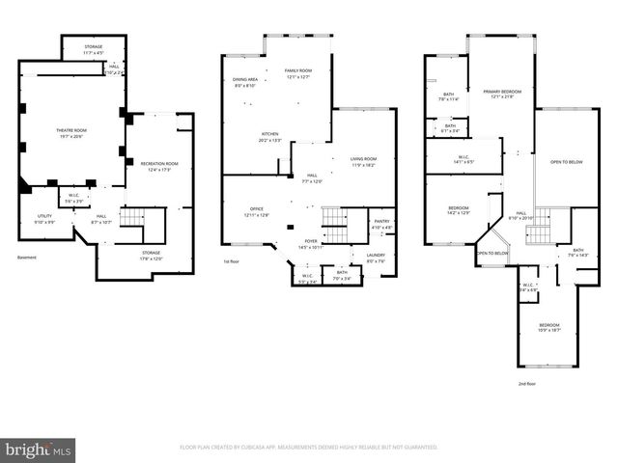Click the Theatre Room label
point(73,132)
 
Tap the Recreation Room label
point(159,166)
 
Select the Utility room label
point(45,217)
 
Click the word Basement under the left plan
point(28,258)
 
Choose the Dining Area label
point(244,82)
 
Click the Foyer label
point(311,243)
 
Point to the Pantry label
point(381,224)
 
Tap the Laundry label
point(376,258)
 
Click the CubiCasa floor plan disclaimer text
point(309,448)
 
